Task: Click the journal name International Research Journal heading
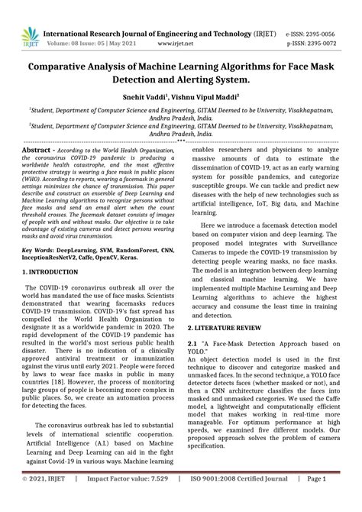130,13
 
